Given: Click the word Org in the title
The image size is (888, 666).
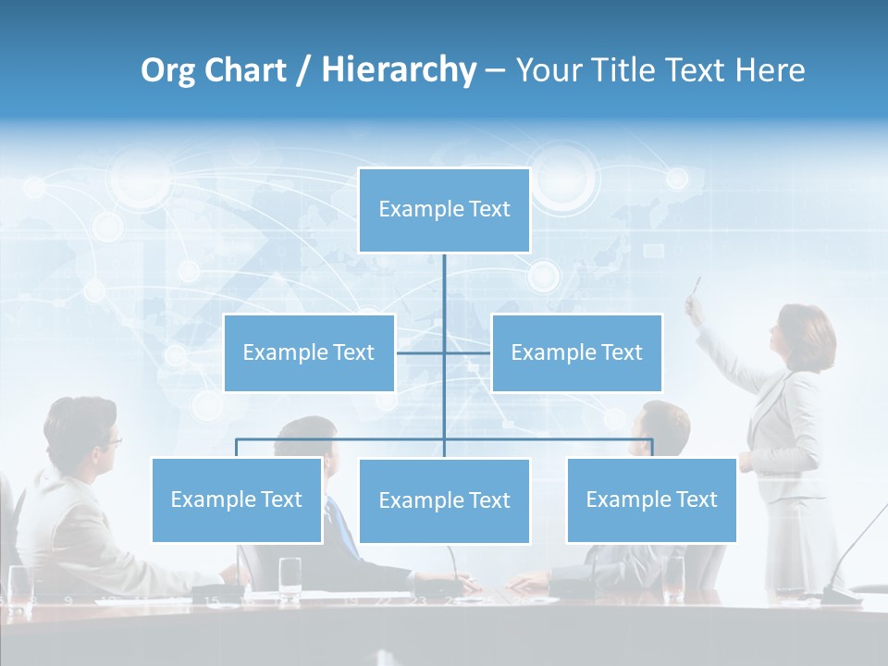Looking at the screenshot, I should tap(168, 70).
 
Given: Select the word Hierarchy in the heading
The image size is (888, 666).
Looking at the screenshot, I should tap(398, 70).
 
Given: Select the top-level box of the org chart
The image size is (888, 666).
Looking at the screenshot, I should tap(444, 210).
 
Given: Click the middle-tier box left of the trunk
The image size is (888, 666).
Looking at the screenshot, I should tap(309, 352).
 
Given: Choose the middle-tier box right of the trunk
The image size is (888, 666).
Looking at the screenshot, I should tap(576, 352).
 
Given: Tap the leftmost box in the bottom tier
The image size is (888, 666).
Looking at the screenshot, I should tap(237, 499).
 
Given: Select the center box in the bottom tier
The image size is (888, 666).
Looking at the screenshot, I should tap(444, 500).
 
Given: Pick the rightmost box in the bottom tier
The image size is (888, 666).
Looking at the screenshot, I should tap(651, 499).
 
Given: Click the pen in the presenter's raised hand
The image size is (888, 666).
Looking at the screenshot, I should tap(697, 286).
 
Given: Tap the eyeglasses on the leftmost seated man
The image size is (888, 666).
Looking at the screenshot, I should tap(110, 441).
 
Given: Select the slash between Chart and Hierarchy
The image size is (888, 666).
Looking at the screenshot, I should tap(302, 71).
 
